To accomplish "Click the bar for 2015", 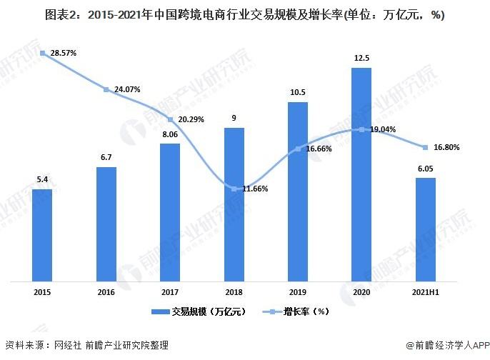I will pyautogui.click(x=42, y=235).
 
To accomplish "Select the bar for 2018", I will pyautogui.click(x=234, y=204).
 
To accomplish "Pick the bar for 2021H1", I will pyautogui.click(x=425, y=229).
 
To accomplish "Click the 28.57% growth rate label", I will pyautogui.click(x=62, y=54).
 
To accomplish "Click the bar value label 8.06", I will pyautogui.click(x=170, y=134).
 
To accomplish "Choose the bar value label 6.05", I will pyautogui.click(x=425, y=168).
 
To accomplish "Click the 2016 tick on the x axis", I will pyautogui.click(x=106, y=292).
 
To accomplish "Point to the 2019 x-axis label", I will pyautogui.click(x=297, y=292).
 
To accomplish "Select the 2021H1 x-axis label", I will pyautogui.click(x=425, y=292).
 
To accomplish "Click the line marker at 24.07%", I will pyautogui.click(x=106, y=89).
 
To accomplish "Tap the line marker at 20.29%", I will pyautogui.click(x=170, y=119).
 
